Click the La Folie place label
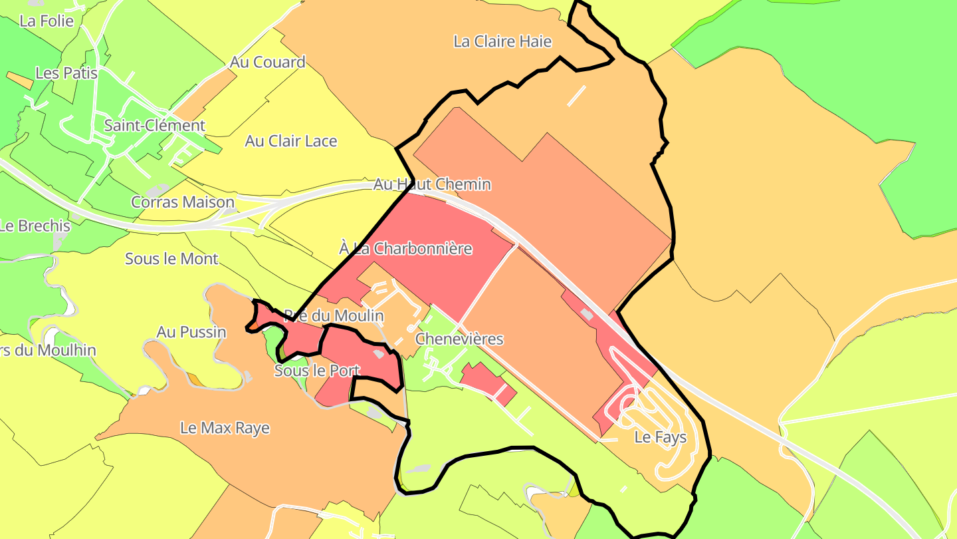(x=47, y=21)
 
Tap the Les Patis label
(x=66, y=73)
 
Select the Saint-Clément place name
(x=155, y=125)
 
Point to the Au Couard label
(x=267, y=62)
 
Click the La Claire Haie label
(x=502, y=41)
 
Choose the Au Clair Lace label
(x=291, y=141)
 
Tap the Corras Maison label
(x=183, y=202)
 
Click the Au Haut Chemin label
(x=432, y=184)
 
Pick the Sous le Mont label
(x=171, y=259)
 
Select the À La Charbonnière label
(x=405, y=249)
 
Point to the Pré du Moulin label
(x=334, y=315)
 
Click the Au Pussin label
(x=191, y=331)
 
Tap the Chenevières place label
(x=459, y=339)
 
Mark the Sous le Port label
(x=317, y=371)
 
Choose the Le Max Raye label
(x=225, y=428)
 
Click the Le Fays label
(x=651, y=437)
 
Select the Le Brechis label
(x=35, y=226)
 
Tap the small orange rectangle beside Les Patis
(x=19, y=81)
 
